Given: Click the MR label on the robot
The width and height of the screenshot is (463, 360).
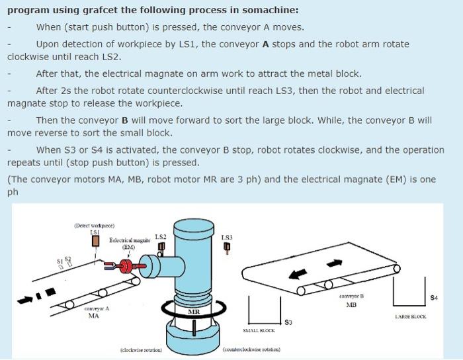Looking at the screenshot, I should [194, 311].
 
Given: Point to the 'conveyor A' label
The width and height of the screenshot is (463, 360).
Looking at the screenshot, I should [97, 309].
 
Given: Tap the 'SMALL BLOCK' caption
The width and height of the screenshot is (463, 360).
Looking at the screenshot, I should [259, 330].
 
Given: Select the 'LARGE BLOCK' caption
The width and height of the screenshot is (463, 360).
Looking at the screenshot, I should [410, 316].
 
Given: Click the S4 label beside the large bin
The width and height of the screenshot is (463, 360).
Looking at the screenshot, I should [434, 298].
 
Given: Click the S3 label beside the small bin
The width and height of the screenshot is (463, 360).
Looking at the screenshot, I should [288, 322].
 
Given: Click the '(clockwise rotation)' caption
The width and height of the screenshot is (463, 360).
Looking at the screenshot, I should [142, 349].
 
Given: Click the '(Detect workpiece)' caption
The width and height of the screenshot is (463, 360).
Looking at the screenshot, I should [95, 226].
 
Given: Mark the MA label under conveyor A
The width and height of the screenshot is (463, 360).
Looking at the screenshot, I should [94, 316].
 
